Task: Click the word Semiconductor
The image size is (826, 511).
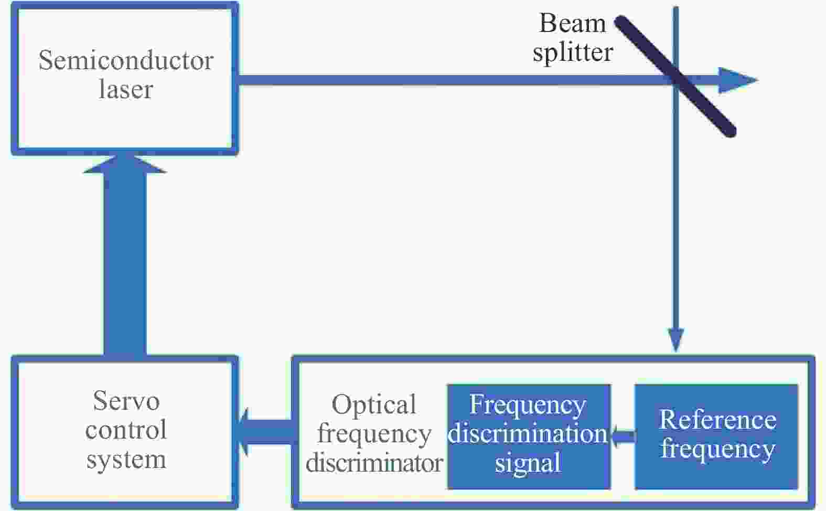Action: [126, 61]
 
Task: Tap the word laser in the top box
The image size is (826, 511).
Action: [126, 89]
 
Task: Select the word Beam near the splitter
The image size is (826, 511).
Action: [572, 24]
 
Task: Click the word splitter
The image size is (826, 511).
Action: [573, 52]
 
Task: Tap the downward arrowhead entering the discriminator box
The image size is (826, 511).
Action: [676, 340]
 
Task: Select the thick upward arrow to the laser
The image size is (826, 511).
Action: [125, 257]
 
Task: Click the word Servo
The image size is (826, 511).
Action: [126, 401]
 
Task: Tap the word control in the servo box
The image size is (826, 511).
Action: [126, 430]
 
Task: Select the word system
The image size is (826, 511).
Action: [126, 460]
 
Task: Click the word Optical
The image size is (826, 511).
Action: [374, 404]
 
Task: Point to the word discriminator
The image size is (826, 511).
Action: [374, 463]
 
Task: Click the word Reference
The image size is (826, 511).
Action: [717, 420]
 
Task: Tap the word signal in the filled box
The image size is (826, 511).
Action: [528, 463]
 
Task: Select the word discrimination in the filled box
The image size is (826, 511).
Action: [528, 434]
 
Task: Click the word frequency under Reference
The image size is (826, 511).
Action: [717, 449]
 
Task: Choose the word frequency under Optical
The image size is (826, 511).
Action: [374, 434]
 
